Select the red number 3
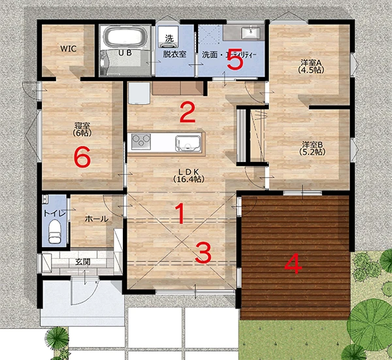point(204,253)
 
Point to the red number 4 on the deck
point(293,264)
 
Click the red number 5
point(235,62)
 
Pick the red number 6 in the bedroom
point(82,157)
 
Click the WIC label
point(69,49)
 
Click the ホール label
point(97,220)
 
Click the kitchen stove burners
point(142,140)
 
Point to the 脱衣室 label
point(174,54)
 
